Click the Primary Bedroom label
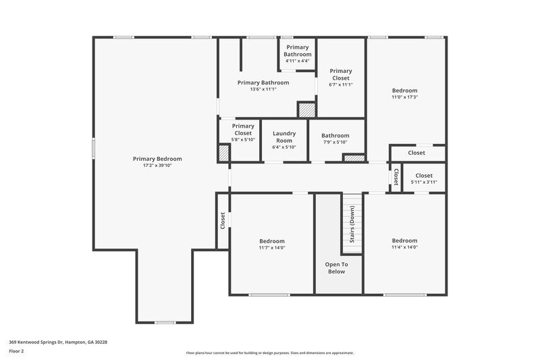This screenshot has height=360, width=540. tap(157, 159)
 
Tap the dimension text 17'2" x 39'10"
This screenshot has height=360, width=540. tap(157, 165)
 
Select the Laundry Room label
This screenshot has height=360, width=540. tap(284, 137)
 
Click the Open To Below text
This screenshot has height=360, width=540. tap(336, 268)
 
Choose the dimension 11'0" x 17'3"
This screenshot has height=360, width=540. tap(405, 97)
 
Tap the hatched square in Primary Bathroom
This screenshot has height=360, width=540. tap(306, 109)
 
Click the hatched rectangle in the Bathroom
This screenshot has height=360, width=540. tap(354, 158)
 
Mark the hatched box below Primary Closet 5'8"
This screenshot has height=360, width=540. tap(223, 153)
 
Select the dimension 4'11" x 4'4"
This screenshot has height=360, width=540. tap(297, 61)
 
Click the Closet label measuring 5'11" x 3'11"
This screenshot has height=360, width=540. tap(424, 176)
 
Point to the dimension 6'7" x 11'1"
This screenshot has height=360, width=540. tap(341, 85)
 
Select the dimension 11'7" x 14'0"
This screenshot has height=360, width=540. tap(272, 248)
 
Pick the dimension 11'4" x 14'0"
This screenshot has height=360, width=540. tap(405, 247)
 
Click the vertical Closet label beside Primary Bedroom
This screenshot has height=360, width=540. tap(222, 220)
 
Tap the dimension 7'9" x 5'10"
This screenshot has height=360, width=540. tap(335, 142)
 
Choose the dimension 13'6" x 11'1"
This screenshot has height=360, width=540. tap(263, 89)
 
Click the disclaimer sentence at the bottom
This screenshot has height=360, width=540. tap(270, 353)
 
